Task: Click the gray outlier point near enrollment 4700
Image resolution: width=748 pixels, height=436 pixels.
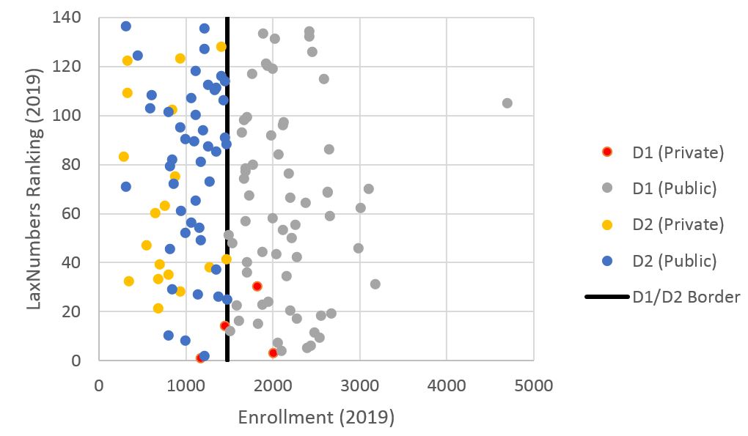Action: pyautogui.click(x=507, y=103)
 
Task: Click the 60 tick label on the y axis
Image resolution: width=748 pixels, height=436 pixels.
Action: pyautogui.click(x=75, y=214)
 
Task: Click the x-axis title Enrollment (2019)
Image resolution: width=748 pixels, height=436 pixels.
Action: pyautogui.click(x=316, y=418)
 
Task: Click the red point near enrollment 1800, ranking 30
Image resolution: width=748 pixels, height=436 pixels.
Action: pyautogui.click(x=257, y=287)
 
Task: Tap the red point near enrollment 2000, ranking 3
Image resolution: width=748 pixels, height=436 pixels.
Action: pyautogui.click(x=273, y=353)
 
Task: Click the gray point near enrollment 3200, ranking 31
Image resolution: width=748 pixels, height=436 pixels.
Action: pyautogui.click(x=375, y=284)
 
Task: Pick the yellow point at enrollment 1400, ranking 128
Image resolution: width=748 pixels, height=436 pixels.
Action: pyautogui.click(x=221, y=47)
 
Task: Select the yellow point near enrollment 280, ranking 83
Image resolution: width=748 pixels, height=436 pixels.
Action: pyautogui.click(x=123, y=157)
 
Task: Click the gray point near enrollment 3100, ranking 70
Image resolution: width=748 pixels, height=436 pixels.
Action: pyautogui.click(x=369, y=189)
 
